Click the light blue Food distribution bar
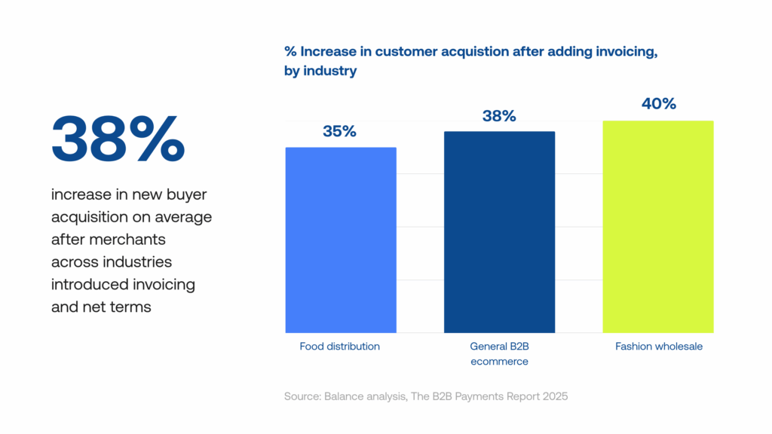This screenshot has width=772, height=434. click(341, 240)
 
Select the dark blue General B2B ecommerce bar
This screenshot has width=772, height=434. click(499, 232)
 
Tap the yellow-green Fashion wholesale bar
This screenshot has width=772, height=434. click(658, 226)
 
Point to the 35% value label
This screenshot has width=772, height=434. click(339, 131)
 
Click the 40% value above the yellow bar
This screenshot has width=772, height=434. click(658, 104)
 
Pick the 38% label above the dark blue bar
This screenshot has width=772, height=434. click(499, 116)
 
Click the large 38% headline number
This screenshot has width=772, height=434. click(118, 139)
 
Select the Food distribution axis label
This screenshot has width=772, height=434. click(340, 347)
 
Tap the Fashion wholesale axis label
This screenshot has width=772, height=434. click(658, 347)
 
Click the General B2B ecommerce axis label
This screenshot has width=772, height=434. click(499, 354)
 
